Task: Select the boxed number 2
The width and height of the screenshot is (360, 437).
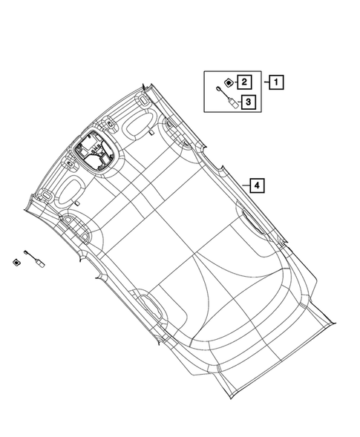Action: pyautogui.click(x=246, y=82)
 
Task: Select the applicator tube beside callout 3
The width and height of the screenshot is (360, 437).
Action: pyautogui.click(x=227, y=96)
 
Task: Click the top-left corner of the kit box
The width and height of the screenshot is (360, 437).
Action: pyautogui.click(x=204, y=70)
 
